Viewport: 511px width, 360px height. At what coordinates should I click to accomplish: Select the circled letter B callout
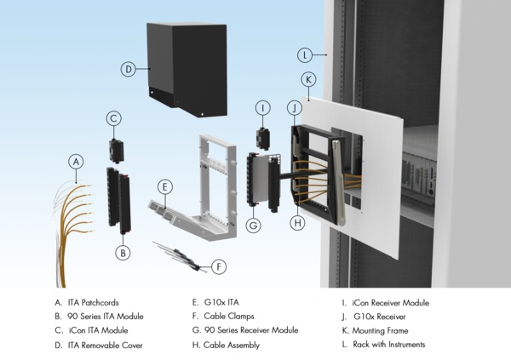[x=123, y=253]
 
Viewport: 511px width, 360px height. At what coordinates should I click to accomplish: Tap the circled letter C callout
[x=114, y=119]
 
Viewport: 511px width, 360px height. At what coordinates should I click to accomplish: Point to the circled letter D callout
[x=129, y=70]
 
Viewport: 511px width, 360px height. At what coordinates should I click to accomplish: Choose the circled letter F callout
[x=219, y=266]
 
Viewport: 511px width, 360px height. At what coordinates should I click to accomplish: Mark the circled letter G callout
[x=252, y=226]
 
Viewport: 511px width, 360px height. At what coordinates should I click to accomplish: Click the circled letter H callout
[x=296, y=223]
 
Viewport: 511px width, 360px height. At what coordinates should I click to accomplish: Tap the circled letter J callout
[x=294, y=108]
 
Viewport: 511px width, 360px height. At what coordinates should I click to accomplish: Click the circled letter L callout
[x=305, y=55]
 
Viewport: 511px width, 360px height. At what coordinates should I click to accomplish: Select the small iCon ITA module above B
[x=116, y=150]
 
